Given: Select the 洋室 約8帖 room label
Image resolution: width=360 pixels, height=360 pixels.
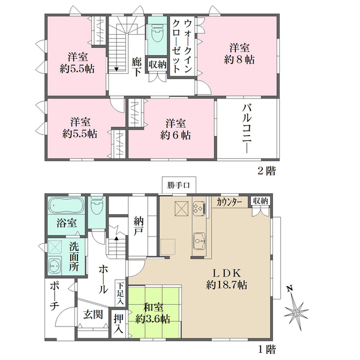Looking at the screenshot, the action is (239, 54).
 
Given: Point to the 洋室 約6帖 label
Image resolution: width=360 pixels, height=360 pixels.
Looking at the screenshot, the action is (175, 129).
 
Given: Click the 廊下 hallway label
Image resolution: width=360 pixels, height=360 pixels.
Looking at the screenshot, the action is (137, 67).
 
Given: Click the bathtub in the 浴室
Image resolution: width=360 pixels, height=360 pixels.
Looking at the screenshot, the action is (67, 206).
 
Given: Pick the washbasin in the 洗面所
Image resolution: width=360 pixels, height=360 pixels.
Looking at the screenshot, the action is (55, 265).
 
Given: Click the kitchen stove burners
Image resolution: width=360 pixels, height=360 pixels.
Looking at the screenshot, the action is (199, 208).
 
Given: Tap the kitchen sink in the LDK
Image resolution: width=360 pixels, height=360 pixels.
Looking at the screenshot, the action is (199, 241).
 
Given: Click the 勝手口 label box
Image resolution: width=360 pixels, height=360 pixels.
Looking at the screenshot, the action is (179, 185).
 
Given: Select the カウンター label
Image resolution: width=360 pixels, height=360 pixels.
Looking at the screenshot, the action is (229, 202).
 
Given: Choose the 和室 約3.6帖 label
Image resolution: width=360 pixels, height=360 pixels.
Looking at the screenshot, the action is (153, 313).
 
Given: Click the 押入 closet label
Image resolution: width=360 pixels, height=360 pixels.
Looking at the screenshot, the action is (119, 324).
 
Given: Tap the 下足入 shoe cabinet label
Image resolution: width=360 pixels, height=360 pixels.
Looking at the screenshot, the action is (121, 293).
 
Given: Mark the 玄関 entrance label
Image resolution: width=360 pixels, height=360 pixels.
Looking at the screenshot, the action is (93, 314).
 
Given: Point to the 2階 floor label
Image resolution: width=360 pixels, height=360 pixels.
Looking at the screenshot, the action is (266, 171).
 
